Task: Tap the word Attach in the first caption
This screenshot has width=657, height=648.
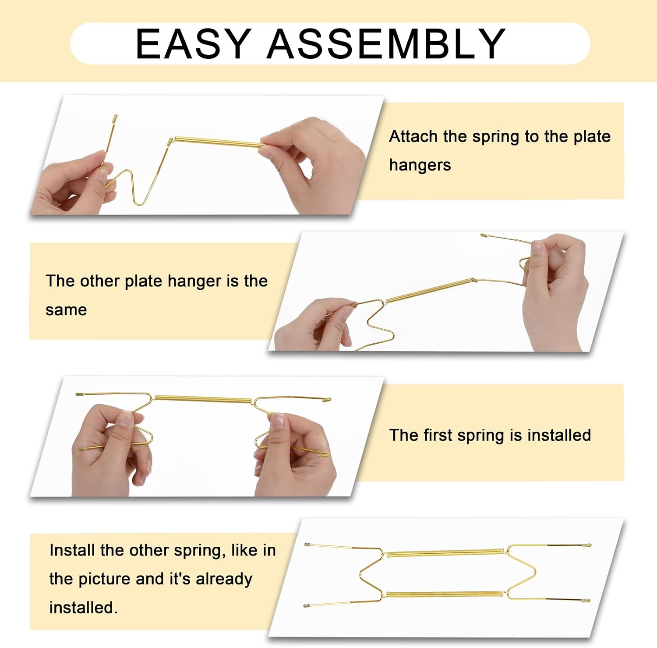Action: click(413, 136)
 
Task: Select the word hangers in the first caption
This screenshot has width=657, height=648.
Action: click(420, 165)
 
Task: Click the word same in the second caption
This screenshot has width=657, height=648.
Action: click(66, 310)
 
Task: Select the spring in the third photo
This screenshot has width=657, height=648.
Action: click(203, 399)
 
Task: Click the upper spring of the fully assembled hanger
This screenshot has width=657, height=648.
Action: click(445, 552)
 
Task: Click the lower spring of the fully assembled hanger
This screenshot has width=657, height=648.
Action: click(445, 594)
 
